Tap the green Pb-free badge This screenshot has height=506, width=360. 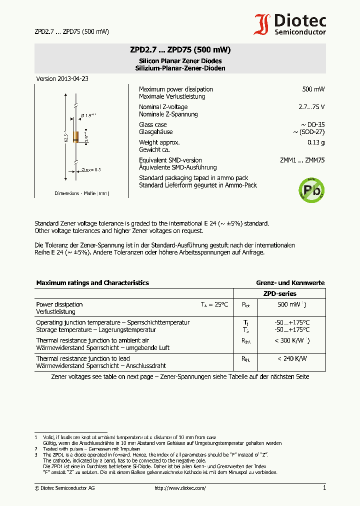click(311, 190)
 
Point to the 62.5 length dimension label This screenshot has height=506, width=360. click(65, 137)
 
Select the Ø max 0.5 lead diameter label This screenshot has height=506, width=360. click(90, 170)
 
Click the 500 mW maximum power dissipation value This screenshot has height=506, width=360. click(313, 89)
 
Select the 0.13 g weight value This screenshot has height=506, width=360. click(315, 142)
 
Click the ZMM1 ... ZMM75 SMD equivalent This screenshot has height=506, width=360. click(302, 160)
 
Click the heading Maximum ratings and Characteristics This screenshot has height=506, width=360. click(92, 283)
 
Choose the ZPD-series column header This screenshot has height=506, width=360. click(279, 294)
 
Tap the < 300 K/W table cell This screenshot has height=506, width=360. click(292, 340)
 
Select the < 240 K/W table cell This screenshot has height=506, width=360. click(292, 358)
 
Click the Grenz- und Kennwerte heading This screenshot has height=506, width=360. click(290, 283)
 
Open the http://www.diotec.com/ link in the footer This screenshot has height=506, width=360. click(180, 488)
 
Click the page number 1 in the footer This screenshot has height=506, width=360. click(324, 488)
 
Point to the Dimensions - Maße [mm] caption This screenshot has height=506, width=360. click(81, 193)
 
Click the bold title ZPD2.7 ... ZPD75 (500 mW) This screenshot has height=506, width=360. click(180, 50)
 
